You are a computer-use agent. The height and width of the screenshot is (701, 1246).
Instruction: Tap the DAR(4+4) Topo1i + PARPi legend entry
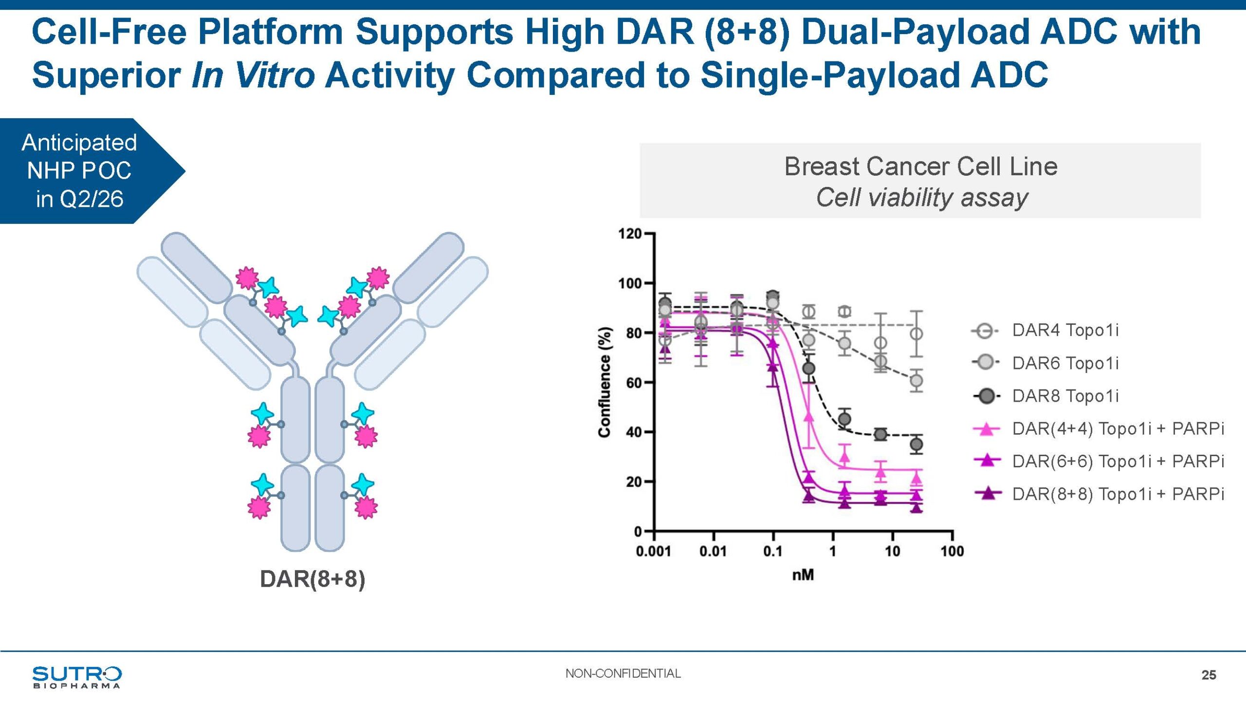pyautogui.click(x=1098, y=428)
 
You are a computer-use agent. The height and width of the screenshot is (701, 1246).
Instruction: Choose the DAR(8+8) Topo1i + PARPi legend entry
pyautogui.click(x=1098, y=494)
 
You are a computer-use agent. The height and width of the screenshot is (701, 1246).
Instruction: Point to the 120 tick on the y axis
pyautogui.click(x=630, y=234)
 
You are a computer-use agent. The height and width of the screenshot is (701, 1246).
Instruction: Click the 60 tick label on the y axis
pyautogui.click(x=634, y=383)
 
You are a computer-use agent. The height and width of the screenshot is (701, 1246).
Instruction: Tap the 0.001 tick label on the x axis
pyautogui.click(x=653, y=552)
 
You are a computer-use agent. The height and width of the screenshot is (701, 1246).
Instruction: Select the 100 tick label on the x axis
pyautogui.click(x=952, y=552)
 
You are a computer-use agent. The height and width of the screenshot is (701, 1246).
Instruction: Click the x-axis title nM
pyautogui.click(x=803, y=575)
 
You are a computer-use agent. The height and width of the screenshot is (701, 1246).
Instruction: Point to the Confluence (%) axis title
pyautogui.click(x=605, y=382)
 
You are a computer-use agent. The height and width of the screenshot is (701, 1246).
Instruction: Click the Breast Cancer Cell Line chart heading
pyautogui.click(x=921, y=166)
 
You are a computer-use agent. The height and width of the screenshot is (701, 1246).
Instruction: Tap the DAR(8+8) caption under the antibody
pyautogui.click(x=312, y=579)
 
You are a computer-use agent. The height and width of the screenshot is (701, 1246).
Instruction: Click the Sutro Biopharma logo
pyautogui.click(x=77, y=677)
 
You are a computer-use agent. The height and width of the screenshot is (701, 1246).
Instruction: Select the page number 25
pyautogui.click(x=1209, y=675)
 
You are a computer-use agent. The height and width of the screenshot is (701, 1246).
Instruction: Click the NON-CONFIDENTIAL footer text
pyautogui.click(x=623, y=673)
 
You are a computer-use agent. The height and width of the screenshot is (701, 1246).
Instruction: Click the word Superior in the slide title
pyautogui.click(x=107, y=75)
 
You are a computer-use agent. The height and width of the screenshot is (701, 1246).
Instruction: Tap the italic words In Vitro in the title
pyautogui.click(x=253, y=75)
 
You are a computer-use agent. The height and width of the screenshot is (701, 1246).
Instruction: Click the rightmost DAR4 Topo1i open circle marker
pyautogui.click(x=916, y=334)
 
